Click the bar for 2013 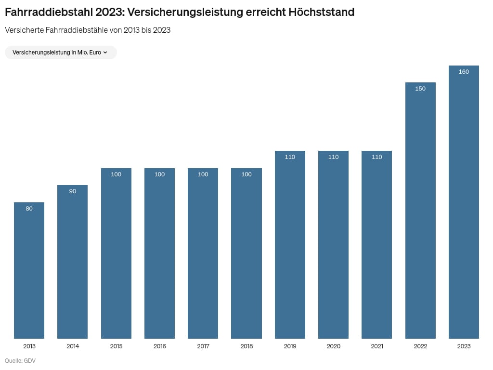pos(29,270)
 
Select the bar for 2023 pos(464,202)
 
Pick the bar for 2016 pos(159,253)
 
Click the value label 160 pos(464,72)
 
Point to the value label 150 pos(420,89)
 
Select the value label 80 pos(29,209)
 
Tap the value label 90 pos(73,191)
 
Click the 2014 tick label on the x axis pos(73,346)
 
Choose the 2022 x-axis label pos(420,346)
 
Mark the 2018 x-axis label pos(246,346)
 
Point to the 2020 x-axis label pos(333,346)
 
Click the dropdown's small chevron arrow pos(105,53)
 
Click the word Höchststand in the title pos(321,12)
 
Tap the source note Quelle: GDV pos(20,361)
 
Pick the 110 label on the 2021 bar pos(377,157)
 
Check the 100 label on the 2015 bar pos(116,174)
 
